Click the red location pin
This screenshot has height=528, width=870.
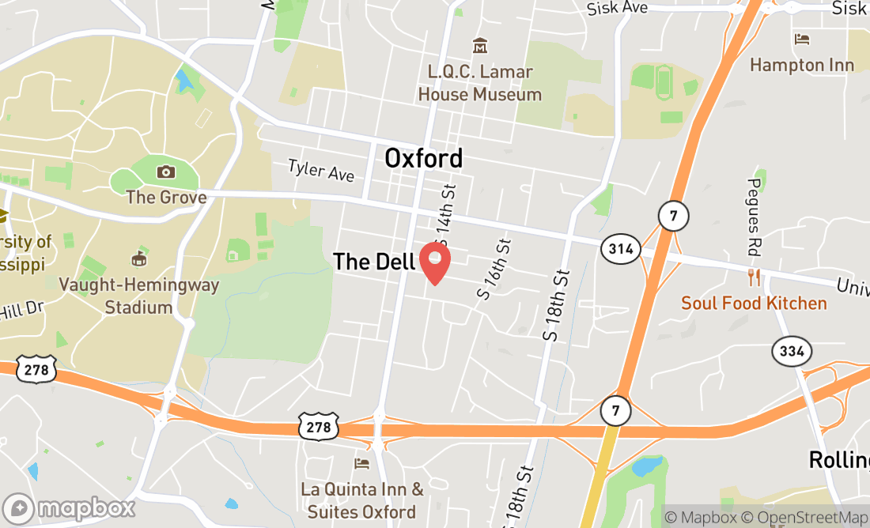(434, 262)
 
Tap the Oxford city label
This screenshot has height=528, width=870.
(423, 158)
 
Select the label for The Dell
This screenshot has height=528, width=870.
(374, 262)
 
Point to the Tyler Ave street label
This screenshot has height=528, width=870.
(320, 170)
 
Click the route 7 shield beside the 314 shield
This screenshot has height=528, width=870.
(673, 216)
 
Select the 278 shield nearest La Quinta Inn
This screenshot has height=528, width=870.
(319, 426)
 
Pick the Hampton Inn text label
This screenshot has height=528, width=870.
(802, 65)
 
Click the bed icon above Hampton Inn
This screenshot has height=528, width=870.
(802, 39)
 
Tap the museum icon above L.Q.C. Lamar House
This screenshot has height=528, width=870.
(479, 46)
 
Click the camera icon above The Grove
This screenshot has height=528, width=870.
(166, 172)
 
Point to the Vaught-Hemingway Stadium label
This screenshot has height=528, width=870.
(139, 296)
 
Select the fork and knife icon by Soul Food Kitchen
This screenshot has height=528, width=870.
(754, 277)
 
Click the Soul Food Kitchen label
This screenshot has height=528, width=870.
(754, 303)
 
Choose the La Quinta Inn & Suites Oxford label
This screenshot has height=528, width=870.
(361, 500)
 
